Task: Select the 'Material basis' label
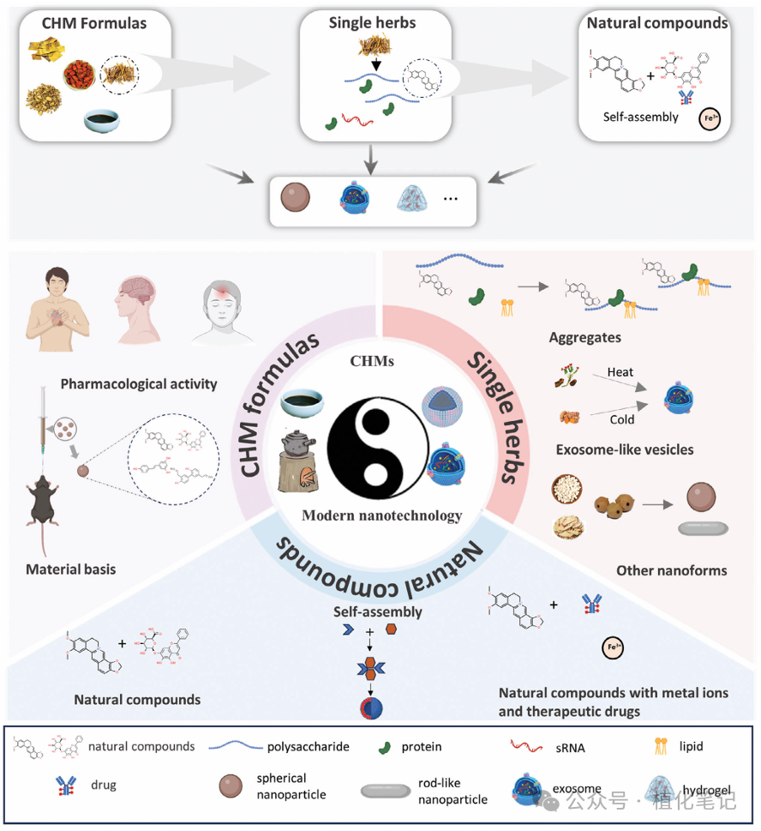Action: pyautogui.click(x=70, y=569)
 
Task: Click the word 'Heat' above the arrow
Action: pyautogui.click(x=620, y=373)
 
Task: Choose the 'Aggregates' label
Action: pyautogui.click(x=585, y=338)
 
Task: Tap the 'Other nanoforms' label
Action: pyautogui.click(x=659, y=569)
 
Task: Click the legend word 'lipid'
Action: pyautogui.click(x=690, y=746)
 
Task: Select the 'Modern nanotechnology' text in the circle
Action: pyautogui.click(x=381, y=515)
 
